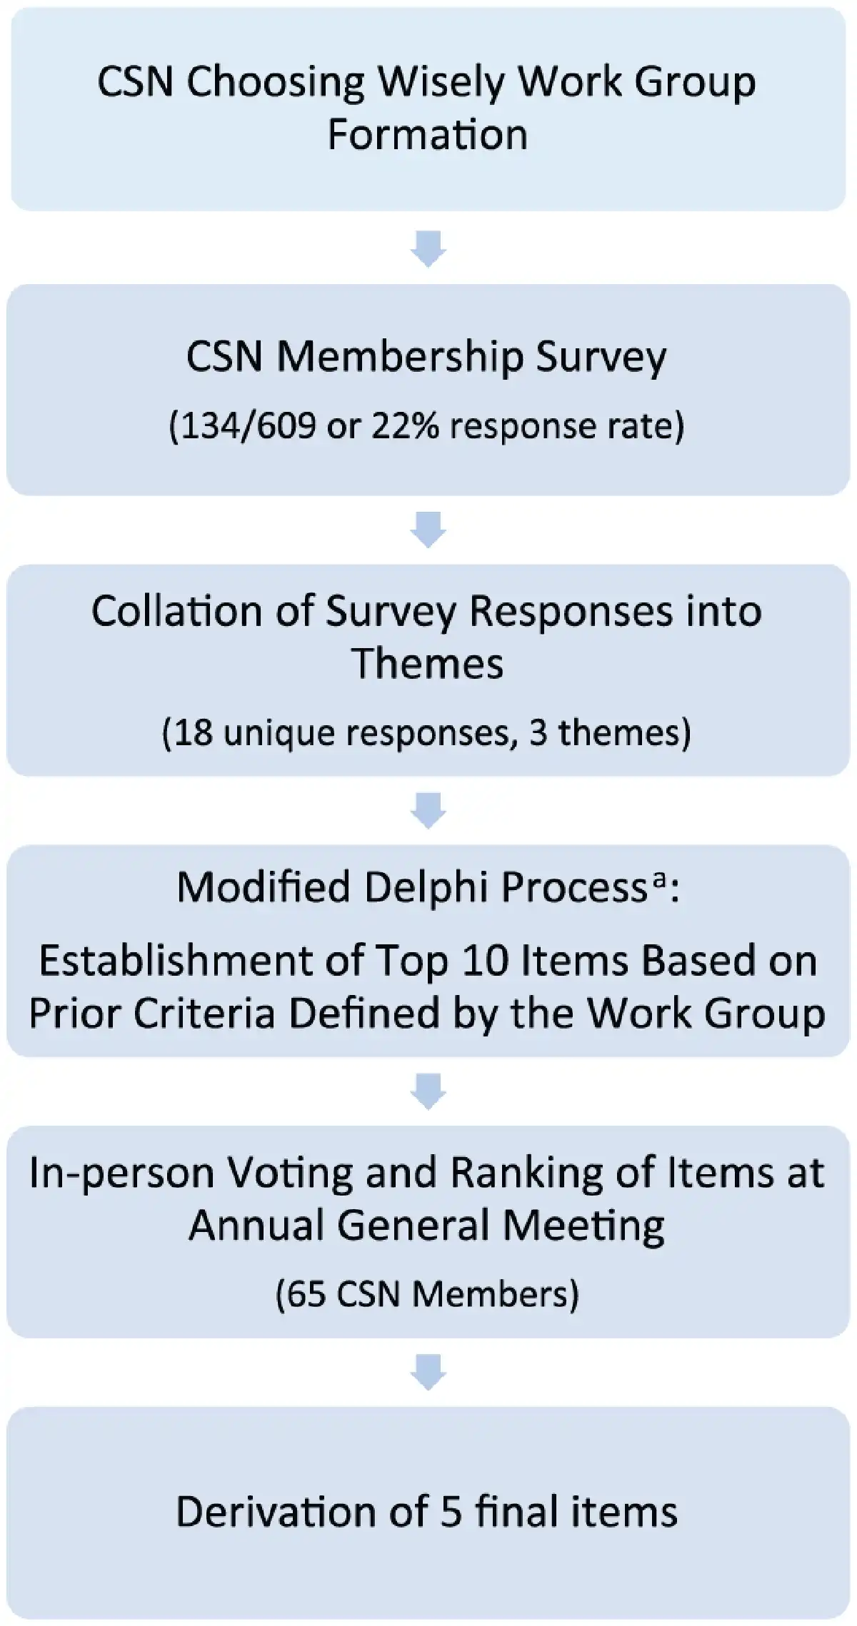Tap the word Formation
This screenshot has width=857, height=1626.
[427, 134]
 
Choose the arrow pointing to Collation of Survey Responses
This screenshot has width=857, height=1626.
[428, 529]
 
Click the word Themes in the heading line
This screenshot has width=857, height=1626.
[427, 663]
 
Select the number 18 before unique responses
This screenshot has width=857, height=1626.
[194, 733]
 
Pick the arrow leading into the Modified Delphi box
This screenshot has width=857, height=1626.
[428, 809]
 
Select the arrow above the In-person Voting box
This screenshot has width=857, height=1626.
[428, 1091]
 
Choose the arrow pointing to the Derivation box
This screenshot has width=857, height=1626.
[428, 1371]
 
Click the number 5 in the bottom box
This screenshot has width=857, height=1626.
[451, 1513]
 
